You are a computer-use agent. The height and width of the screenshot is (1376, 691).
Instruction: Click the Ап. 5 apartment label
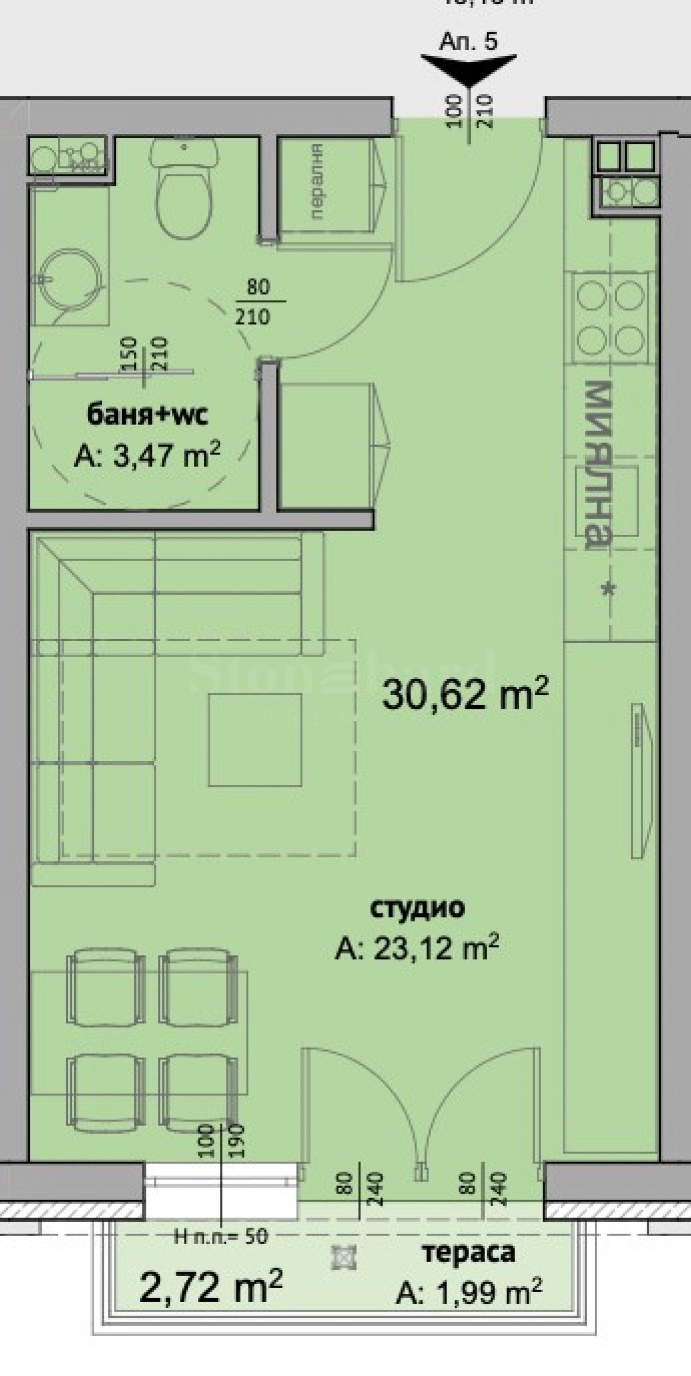pyautogui.click(x=468, y=41)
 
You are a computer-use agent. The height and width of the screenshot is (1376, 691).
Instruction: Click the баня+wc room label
pyautogui.click(x=147, y=414)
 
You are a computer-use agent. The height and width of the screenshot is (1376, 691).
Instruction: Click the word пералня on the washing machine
pyautogui.click(x=317, y=181)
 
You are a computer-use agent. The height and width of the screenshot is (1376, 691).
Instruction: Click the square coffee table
pyautogui.click(x=255, y=740)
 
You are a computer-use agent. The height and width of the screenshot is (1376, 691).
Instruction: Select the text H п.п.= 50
pyautogui.click(x=221, y=1236)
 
